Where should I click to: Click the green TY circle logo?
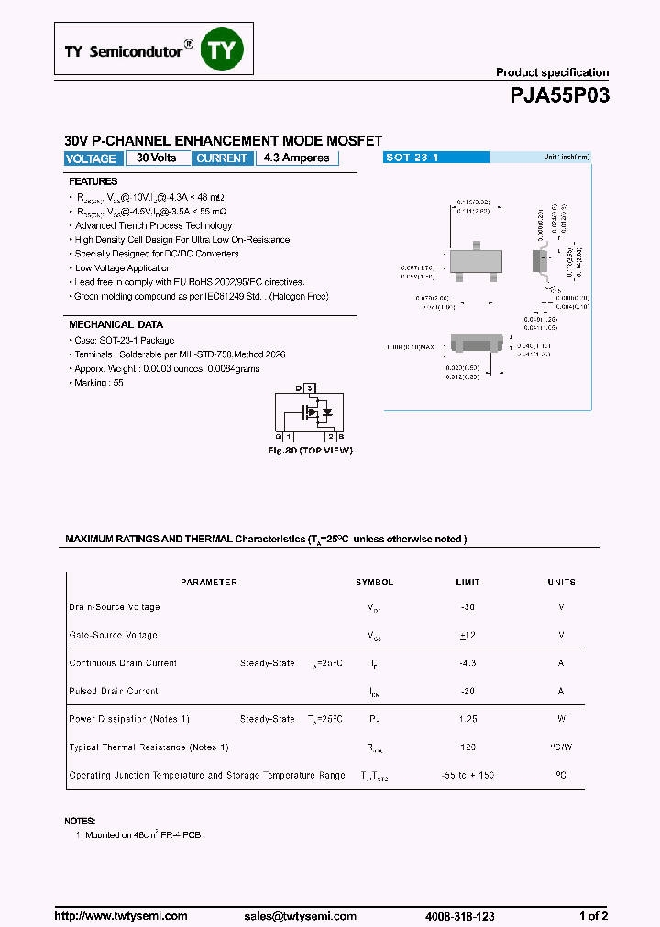[224, 51]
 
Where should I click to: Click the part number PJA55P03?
[558, 96]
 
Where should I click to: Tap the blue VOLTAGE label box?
[92, 158]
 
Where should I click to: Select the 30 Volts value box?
[157, 158]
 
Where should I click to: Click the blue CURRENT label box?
[222, 158]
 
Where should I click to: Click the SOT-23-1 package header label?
[412, 158]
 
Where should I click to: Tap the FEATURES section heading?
[93, 181]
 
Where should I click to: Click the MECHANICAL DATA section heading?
[116, 324]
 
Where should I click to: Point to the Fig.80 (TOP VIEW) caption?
[310, 451]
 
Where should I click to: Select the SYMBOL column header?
[374, 583]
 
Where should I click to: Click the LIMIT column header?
[467, 583]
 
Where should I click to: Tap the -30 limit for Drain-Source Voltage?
[467, 607]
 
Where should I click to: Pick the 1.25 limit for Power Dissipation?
[467, 720]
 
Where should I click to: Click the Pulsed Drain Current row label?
[114, 692]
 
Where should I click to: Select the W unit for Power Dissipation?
[561, 720]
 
